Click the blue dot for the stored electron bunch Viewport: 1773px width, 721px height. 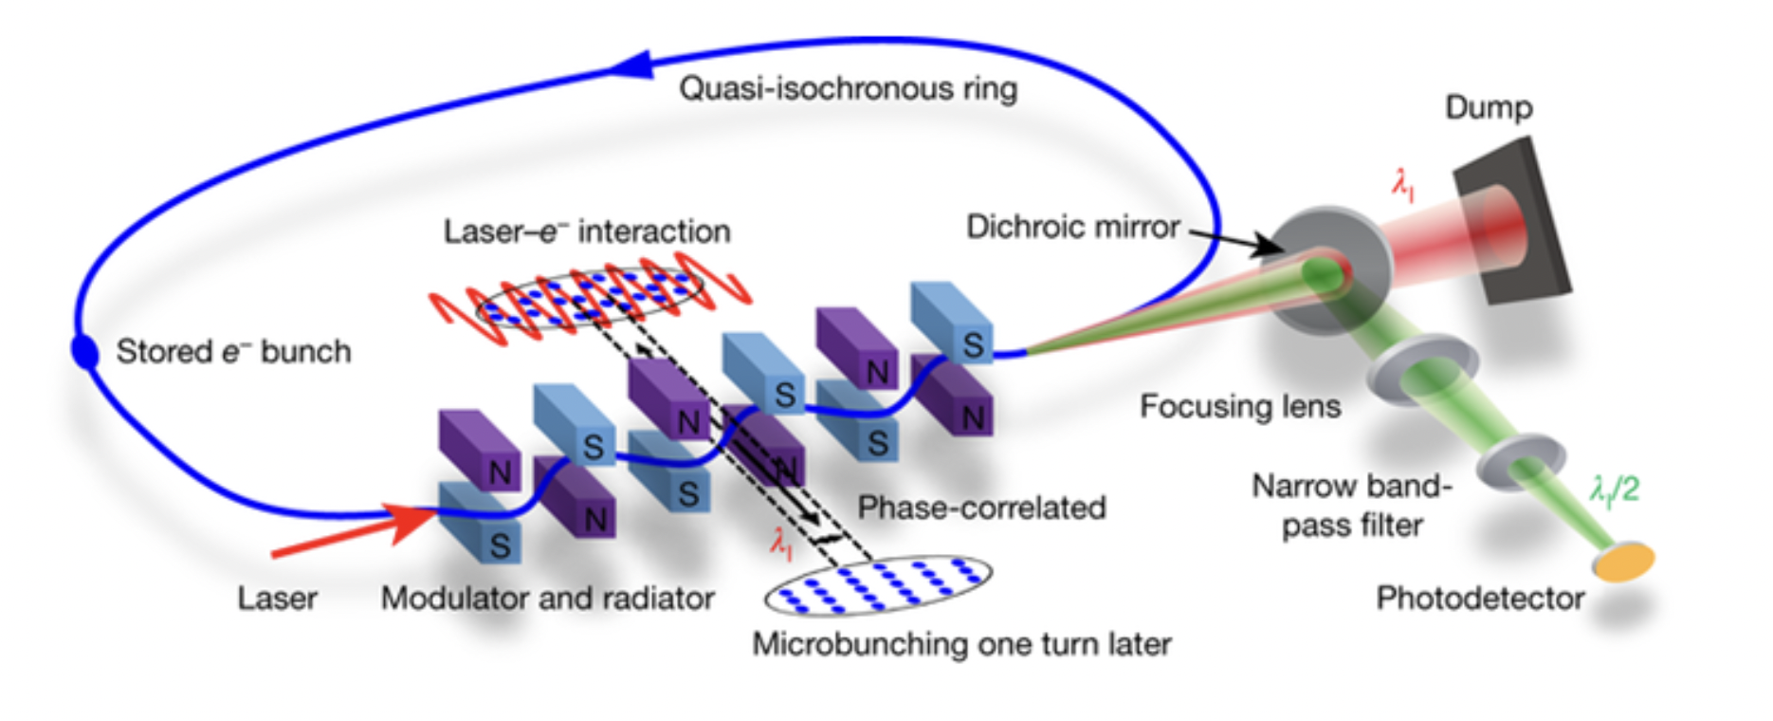click(85, 351)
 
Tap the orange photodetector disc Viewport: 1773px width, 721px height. click(1624, 561)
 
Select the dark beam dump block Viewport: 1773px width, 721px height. click(1512, 220)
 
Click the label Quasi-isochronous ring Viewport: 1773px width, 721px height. click(848, 89)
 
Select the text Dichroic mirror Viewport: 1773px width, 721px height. click(1072, 228)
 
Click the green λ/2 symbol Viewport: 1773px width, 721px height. click(1614, 490)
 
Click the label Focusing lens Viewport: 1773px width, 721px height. click(1240, 407)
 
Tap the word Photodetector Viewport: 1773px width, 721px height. click(1480, 599)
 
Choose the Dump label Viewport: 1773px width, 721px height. click(1489, 108)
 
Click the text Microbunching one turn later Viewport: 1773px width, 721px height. click(961, 644)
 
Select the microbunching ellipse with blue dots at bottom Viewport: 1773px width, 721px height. click(879, 584)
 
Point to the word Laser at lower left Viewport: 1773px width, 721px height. click(277, 599)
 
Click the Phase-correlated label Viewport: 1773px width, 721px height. click(981, 508)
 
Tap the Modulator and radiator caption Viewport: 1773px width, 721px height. click(548, 599)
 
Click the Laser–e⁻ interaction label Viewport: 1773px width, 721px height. click(587, 231)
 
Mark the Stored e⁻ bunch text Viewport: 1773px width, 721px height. click(233, 352)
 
